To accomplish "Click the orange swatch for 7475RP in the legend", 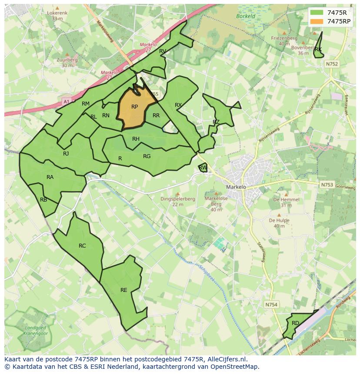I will click(x=317, y=21).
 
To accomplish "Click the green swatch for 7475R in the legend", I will click(x=317, y=13).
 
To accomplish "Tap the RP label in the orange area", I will click(x=134, y=107).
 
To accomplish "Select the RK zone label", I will click(x=318, y=50).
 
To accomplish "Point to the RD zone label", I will click(x=295, y=323).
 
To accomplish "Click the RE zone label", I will click(x=124, y=290).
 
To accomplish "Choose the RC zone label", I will click(x=82, y=246).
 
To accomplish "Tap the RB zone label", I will click(x=43, y=200).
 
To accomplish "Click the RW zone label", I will click(x=203, y=168).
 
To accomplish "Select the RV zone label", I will click(x=163, y=51).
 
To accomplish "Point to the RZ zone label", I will click(x=216, y=122).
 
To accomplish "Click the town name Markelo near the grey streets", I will click(x=236, y=187).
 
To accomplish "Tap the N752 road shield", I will click(x=331, y=64).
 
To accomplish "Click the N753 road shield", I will click(x=327, y=185).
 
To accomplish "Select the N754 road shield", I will click(x=271, y=305).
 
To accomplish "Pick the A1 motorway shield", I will click(x=66, y=102).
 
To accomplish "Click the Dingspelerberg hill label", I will click(x=177, y=199).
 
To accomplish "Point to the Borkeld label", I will click(x=246, y=17).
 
